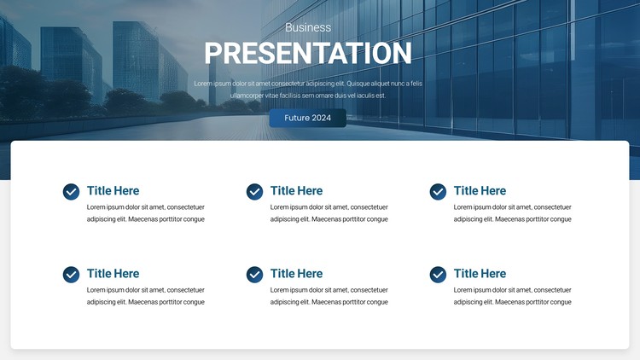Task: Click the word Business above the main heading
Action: tap(308, 27)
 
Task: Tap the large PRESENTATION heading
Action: tap(308, 53)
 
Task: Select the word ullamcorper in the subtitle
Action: tap(247, 96)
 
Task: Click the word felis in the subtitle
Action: tap(416, 84)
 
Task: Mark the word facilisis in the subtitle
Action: tap(290, 96)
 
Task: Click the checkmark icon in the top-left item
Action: tap(71, 192)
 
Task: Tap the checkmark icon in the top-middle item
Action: tap(254, 192)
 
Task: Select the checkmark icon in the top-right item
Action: tap(438, 192)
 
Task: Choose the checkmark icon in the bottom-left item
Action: tap(71, 275)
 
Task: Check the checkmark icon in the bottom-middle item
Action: tap(254, 275)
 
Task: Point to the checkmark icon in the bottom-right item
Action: tap(438, 275)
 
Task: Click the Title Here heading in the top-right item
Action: tap(480, 190)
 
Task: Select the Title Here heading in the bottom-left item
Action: tap(113, 274)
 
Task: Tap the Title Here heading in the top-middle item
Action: tap(296, 190)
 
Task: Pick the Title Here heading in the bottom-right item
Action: tap(480, 274)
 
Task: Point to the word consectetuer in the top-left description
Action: tap(186, 207)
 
